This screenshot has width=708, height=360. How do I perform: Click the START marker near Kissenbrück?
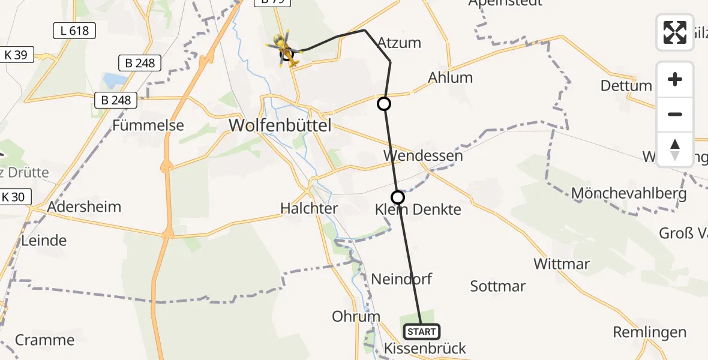click(x=422, y=331)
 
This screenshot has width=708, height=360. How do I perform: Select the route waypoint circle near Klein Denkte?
click(x=398, y=197)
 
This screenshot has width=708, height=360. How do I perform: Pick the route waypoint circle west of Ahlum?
click(x=383, y=104)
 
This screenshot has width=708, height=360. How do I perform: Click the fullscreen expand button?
click(x=675, y=32)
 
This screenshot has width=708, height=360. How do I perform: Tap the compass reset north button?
click(x=675, y=149)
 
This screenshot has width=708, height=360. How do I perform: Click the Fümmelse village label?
click(x=148, y=125)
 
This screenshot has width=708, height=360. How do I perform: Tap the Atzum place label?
click(x=399, y=43)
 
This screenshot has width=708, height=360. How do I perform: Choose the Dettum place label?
click(x=626, y=85)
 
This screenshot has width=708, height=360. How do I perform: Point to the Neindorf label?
click(x=401, y=279)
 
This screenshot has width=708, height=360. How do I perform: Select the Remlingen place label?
click(x=649, y=332)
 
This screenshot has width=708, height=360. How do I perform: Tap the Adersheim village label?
click(x=84, y=207)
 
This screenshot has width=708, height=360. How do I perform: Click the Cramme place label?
click(x=44, y=340)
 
